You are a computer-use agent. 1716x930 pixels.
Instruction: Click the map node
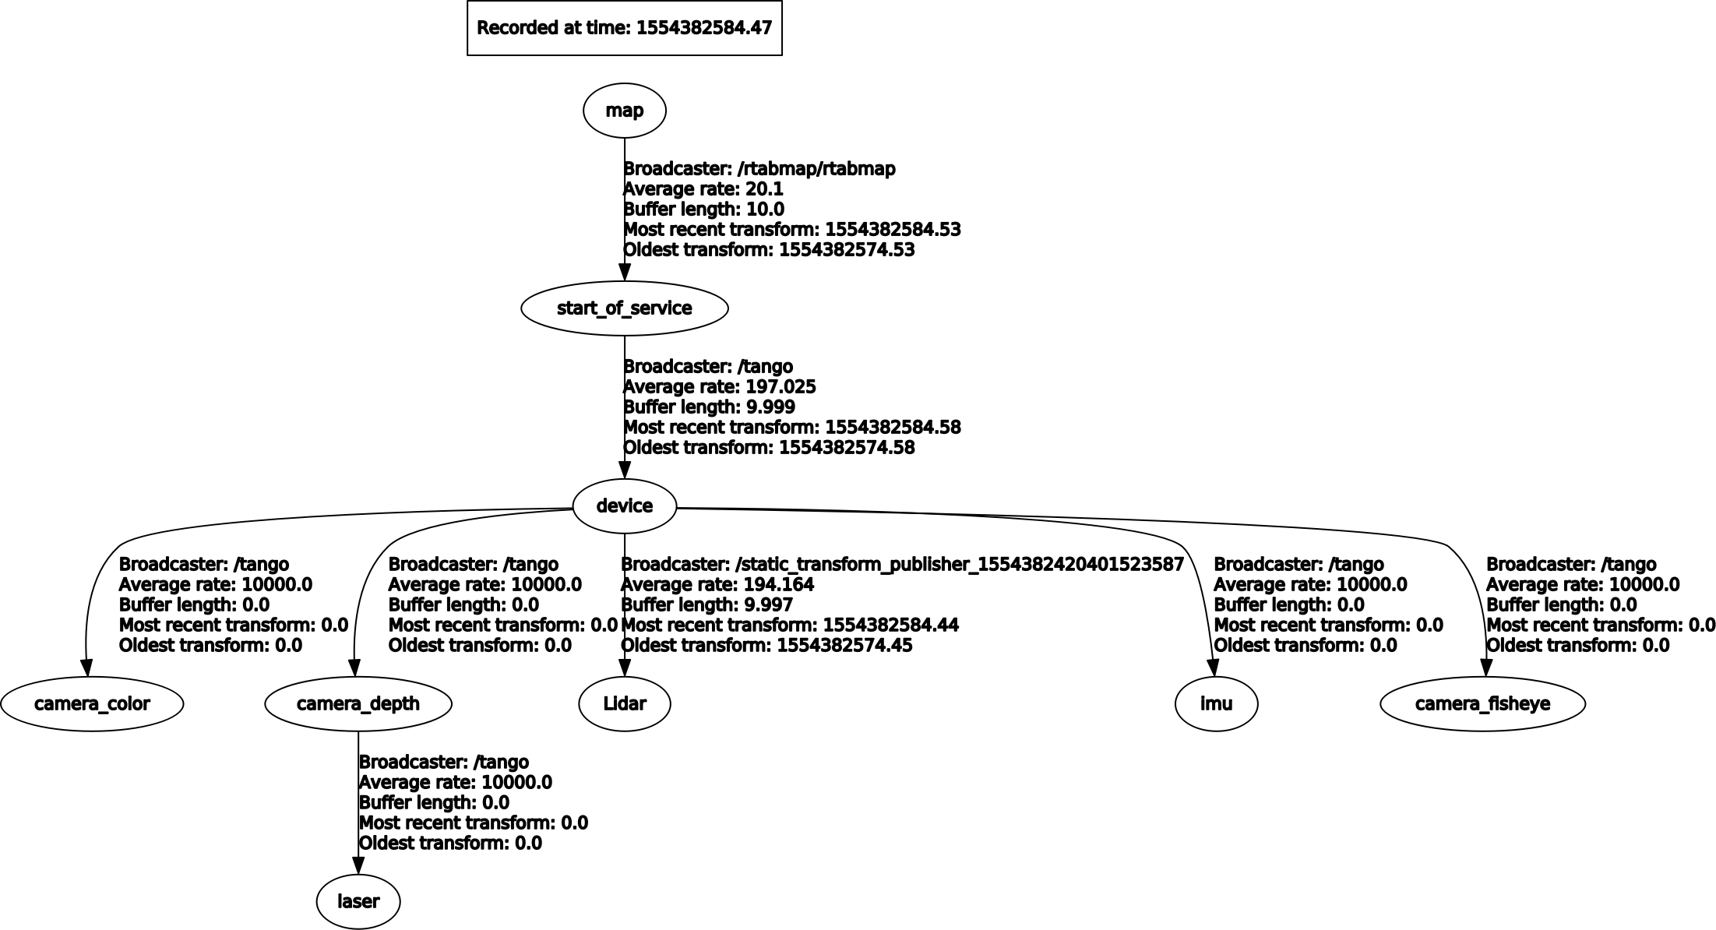coord(624,111)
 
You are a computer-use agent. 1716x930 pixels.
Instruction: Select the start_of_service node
coord(624,308)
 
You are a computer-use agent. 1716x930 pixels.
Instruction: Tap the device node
coord(624,506)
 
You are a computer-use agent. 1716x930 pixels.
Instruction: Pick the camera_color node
coord(92,704)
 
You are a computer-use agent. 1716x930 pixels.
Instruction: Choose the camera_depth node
coord(358,704)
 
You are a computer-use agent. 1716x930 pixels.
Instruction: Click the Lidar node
coord(624,704)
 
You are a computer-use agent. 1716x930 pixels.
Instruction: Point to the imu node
coord(1216,704)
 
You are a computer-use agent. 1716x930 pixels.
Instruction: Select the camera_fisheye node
coord(1482,704)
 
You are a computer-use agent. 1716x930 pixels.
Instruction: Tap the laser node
coord(358,902)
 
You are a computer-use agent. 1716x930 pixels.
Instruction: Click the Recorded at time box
coord(624,28)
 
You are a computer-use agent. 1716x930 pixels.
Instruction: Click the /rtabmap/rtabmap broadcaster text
coord(759,169)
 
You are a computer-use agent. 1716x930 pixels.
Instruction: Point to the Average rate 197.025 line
coord(720,387)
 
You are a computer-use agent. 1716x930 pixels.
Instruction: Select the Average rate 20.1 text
coord(703,189)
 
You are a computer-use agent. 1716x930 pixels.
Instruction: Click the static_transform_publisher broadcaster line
coord(902,565)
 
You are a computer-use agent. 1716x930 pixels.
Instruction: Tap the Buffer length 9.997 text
coord(707,605)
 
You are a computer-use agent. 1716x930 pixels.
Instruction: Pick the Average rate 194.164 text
coord(717,585)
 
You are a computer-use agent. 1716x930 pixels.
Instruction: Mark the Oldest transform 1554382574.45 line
coord(766,646)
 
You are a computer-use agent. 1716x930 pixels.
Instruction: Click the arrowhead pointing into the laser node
coord(358,866)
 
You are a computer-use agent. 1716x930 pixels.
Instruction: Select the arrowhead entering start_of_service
coord(624,273)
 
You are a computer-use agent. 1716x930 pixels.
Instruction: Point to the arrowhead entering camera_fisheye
coord(1486,668)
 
